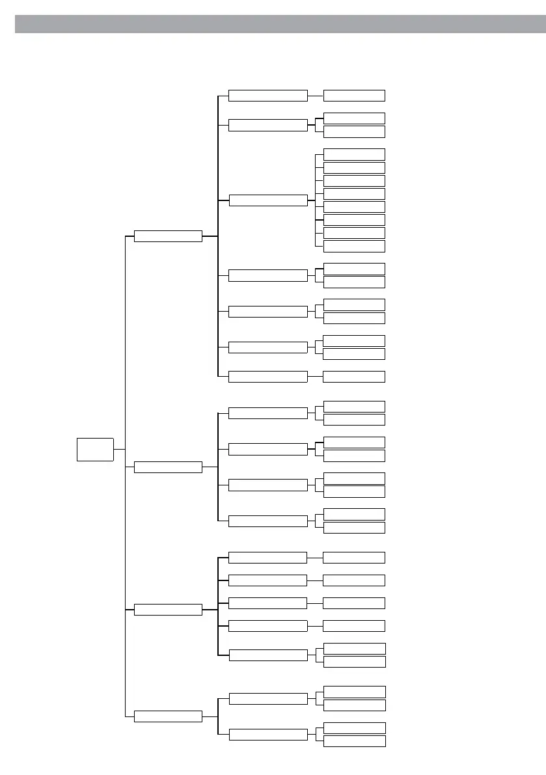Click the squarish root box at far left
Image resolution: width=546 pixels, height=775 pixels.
tap(95, 449)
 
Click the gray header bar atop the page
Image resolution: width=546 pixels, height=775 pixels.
tap(280, 24)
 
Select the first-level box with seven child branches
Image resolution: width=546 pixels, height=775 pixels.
tap(168, 236)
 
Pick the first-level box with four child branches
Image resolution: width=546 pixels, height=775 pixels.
tap(168, 467)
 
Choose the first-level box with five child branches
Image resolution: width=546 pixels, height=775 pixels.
tap(168, 610)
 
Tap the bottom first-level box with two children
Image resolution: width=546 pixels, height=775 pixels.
tap(168, 716)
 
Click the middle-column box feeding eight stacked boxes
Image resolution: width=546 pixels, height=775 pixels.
tap(267, 200)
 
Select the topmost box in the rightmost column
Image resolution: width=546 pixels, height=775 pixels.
tap(354, 96)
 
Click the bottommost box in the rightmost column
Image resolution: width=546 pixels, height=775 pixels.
tap(354, 741)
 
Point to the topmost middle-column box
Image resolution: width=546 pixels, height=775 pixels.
tap(267, 96)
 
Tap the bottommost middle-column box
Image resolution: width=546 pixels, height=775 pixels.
tap(267, 735)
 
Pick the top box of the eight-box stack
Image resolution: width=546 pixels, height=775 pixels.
tap(354, 154)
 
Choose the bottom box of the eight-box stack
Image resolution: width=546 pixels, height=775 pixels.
tap(354, 246)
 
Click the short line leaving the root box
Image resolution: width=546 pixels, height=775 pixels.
tap(119, 449)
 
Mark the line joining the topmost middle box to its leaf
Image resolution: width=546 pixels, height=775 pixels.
tap(315, 96)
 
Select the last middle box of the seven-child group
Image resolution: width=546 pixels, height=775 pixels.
tap(267, 376)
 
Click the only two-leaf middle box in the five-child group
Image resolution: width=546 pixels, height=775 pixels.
tap(267, 655)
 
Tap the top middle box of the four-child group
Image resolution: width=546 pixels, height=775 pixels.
tap(267, 413)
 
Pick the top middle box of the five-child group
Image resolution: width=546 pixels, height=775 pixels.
tap(267, 558)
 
